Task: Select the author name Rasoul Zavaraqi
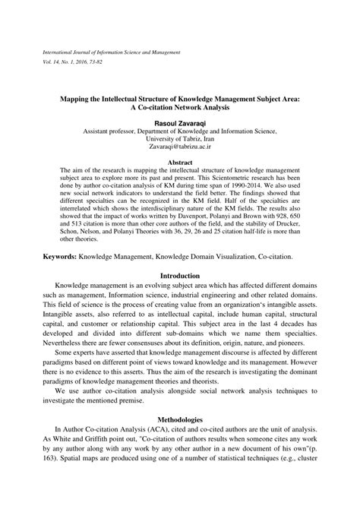pos(179,122)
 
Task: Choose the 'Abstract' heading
pos(179,163)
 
